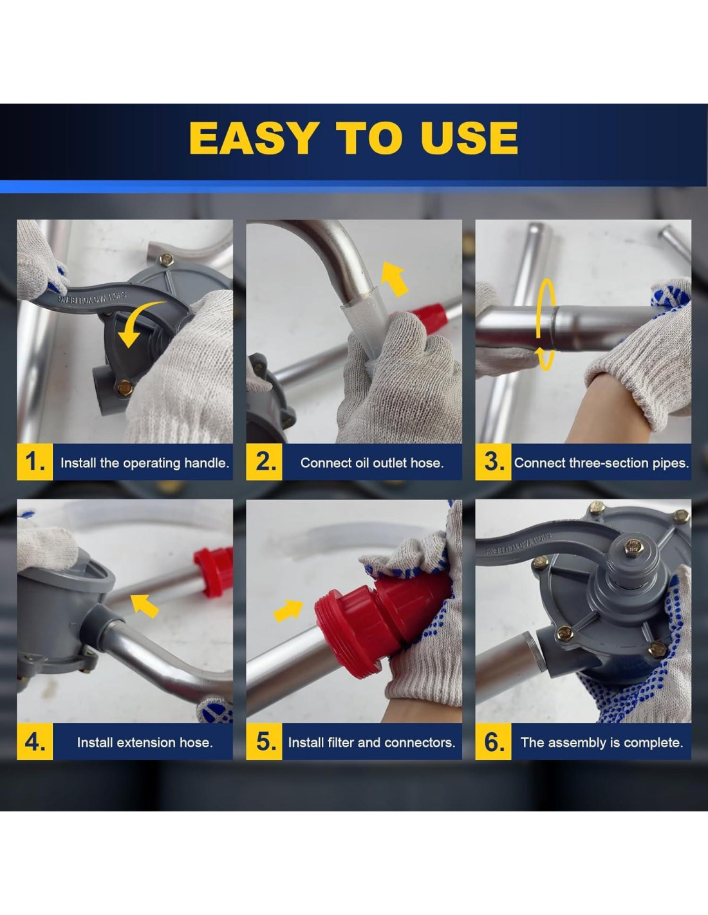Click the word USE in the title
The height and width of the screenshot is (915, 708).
point(469,138)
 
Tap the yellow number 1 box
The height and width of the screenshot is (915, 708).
point(35,462)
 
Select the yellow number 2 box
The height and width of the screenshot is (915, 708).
point(264,462)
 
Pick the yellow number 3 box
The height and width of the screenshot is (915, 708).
point(493,462)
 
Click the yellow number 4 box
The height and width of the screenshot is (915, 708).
point(35,741)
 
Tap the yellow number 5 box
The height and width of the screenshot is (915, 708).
point(264,741)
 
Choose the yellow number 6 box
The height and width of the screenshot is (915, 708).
point(493,741)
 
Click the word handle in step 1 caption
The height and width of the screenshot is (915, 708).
point(209,463)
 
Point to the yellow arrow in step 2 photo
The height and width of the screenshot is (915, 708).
point(394,278)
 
